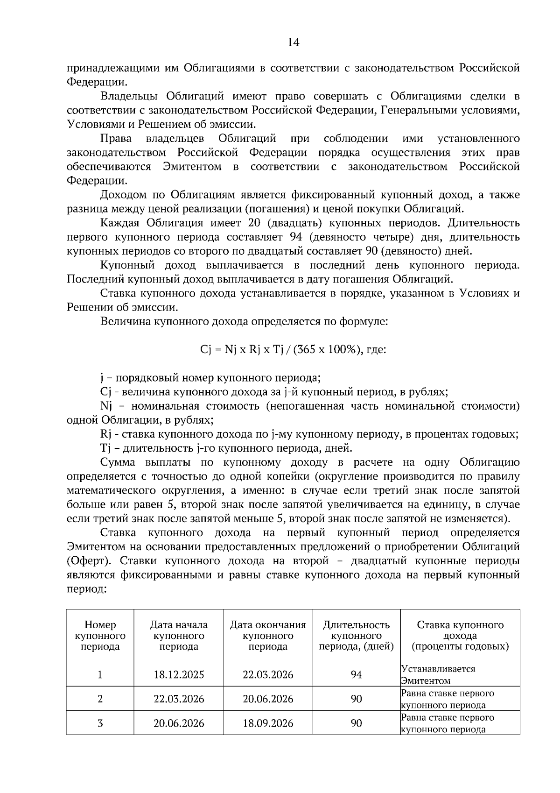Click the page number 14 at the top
pyautogui.click(x=293, y=42)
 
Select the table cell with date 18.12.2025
pyautogui.click(x=179, y=674)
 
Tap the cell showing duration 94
pyautogui.click(x=356, y=674)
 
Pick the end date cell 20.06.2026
pyautogui.click(x=268, y=699)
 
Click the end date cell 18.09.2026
pyautogui.click(x=268, y=723)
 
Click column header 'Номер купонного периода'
pyautogui.click(x=100, y=636)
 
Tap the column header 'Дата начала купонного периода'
pyautogui.click(x=179, y=636)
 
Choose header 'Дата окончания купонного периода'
pyautogui.click(x=268, y=636)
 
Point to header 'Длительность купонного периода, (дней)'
pyautogui.click(x=356, y=636)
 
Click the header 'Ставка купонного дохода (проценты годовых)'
pyautogui.click(x=460, y=636)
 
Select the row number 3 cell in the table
pyautogui.click(x=100, y=723)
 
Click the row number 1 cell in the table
pyautogui.click(x=100, y=674)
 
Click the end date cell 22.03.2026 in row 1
pyautogui.click(x=268, y=674)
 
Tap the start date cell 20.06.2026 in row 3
pyautogui.click(x=179, y=723)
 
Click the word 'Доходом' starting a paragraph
pyautogui.click(x=123, y=195)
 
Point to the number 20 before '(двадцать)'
pyautogui.click(x=254, y=223)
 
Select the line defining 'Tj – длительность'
pyautogui.click(x=226, y=448)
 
